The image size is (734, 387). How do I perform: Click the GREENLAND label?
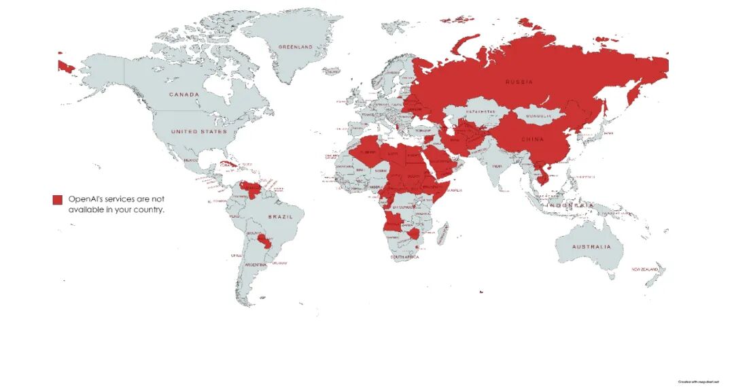pyautogui.click(x=296, y=46)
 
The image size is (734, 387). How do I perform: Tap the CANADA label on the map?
pyautogui.click(x=184, y=94)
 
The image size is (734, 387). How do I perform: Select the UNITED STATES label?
pyautogui.click(x=199, y=131)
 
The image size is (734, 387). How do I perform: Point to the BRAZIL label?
pyautogui.click(x=280, y=216)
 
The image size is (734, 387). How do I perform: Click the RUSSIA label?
pyautogui.click(x=519, y=82)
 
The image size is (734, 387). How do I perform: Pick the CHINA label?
pyautogui.click(x=533, y=139)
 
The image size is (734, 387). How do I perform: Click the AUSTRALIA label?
pyautogui.click(x=591, y=246)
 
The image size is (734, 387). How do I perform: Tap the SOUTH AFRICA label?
pyautogui.click(x=404, y=257)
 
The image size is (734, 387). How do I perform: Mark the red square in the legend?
pyautogui.click(x=58, y=199)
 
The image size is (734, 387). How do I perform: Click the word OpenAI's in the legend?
pyautogui.click(x=85, y=199)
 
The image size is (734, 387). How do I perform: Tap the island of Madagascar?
pyautogui.click(x=443, y=234)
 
